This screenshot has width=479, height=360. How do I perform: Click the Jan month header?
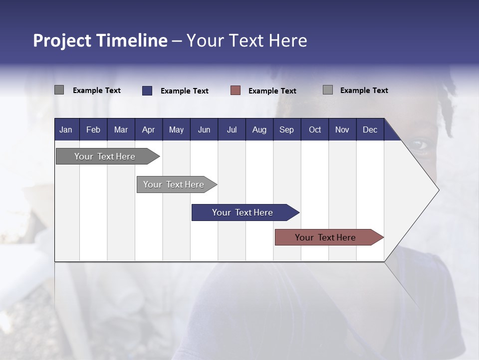pos(66,129)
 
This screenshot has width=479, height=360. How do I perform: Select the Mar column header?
pos(121,129)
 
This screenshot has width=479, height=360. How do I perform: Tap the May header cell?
pos(176,129)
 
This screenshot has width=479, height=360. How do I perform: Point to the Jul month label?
pos(232,129)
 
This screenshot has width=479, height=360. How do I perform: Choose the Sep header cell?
pos(286,129)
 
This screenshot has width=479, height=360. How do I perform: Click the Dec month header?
pos(370,129)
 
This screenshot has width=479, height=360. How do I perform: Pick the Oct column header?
pos(315,129)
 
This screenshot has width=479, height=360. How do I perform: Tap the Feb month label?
pos(93,129)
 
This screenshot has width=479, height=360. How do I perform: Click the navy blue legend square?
pos(147,90)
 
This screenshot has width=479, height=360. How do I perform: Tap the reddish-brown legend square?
pos(236,90)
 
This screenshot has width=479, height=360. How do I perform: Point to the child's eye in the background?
pos(418,145)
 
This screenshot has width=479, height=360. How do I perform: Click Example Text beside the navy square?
pos(184,91)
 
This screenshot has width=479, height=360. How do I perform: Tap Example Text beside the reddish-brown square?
pos(272,91)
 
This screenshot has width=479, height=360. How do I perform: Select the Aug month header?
pos(259,129)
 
